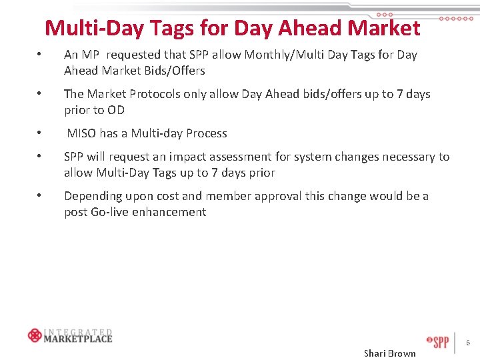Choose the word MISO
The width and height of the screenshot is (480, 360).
click(82, 133)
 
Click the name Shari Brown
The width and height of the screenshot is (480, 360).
click(389, 353)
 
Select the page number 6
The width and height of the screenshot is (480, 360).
click(468, 343)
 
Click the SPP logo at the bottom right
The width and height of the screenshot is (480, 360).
click(437, 342)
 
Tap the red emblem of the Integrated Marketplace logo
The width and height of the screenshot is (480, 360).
click(35, 335)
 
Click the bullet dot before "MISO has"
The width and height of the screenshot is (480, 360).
click(41, 133)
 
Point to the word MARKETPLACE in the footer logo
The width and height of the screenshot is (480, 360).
click(78, 338)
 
